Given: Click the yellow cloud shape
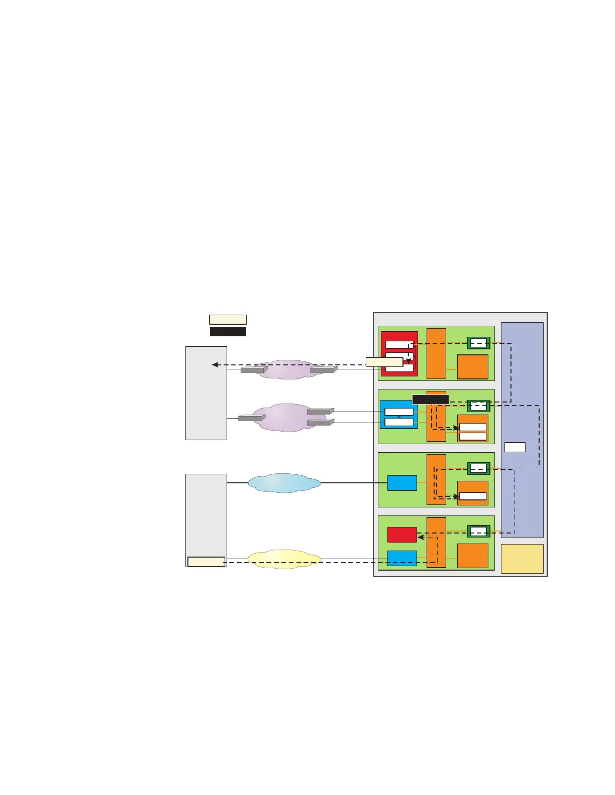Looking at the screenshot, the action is tap(284, 559).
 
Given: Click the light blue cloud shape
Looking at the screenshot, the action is tap(284, 483).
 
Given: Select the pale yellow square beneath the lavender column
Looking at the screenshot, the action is tap(522, 559).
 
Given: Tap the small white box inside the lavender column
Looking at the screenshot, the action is tap(515, 447).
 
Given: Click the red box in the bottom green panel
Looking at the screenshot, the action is tap(402, 535).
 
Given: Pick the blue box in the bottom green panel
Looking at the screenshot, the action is tap(402, 558).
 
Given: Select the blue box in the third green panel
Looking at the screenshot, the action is tap(402, 483).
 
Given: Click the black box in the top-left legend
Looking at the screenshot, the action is tap(228, 332).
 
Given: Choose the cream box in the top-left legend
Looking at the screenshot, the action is tap(228, 320).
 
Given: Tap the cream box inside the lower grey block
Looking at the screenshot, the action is tap(206, 562).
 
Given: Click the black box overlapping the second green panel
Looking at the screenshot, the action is tap(430, 400).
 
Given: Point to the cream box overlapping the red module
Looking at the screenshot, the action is tap(384, 362).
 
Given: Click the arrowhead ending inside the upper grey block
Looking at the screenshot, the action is tap(215, 365).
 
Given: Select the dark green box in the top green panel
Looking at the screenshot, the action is tap(478, 343).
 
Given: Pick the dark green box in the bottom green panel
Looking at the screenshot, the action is tap(478, 532).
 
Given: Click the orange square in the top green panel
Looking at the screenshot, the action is tap(472, 367).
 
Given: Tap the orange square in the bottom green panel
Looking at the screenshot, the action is tap(472, 556).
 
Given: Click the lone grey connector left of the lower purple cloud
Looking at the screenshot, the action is tap(251, 418).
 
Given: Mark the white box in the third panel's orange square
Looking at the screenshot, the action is tap(473, 496).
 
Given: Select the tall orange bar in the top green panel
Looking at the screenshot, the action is tap(436, 353).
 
